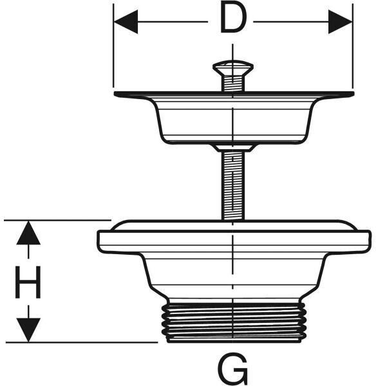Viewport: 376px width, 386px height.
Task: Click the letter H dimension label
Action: click(28, 282)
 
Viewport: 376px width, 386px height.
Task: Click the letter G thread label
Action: click(232, 369)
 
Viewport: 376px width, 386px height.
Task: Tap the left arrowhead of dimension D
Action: click(126, 22)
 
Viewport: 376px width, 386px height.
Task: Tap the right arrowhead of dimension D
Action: click(341, 22)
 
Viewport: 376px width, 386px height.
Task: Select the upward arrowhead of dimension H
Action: click(28, 233)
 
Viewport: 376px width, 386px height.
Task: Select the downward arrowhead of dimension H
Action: click(28, 330)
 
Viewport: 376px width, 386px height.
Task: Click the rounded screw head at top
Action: click(233, 66)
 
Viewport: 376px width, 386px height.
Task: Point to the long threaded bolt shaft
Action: click(233, 186)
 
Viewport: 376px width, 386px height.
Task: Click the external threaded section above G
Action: click(234, 323)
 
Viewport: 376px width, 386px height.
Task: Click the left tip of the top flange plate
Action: click(115, 94)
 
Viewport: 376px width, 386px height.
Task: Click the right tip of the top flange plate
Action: click(353, 94)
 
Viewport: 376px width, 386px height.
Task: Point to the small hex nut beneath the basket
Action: click(233, 148)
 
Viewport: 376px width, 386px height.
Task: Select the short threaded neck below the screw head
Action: click(233, 83)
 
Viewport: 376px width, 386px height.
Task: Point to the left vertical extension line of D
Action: click(113, 46)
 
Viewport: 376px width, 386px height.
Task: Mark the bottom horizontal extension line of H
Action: click(82, 342)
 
